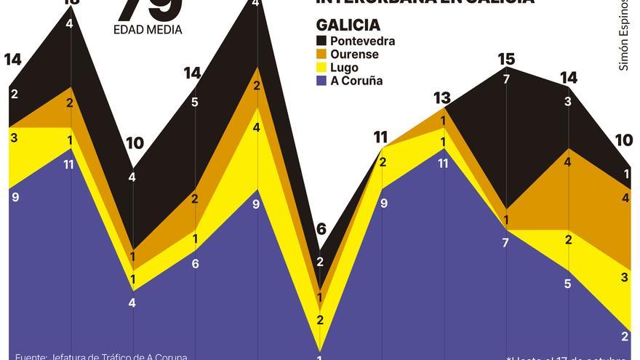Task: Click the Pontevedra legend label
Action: [x=362, y=41]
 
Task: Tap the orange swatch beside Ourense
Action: [x=321, y=55]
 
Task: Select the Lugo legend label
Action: [x=344, y=68]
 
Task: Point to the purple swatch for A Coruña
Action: [x=321, y=81]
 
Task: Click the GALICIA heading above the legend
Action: [x=348, y=25]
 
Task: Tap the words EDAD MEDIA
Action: [x=148, y=30]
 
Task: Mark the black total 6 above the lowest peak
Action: [x=321, y=230]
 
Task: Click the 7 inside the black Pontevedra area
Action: [x=506, y=79]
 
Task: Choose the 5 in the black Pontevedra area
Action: [x=194, y=103]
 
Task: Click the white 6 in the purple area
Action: [x=195, y=264]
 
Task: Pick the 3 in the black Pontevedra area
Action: [x=568, y=102]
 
